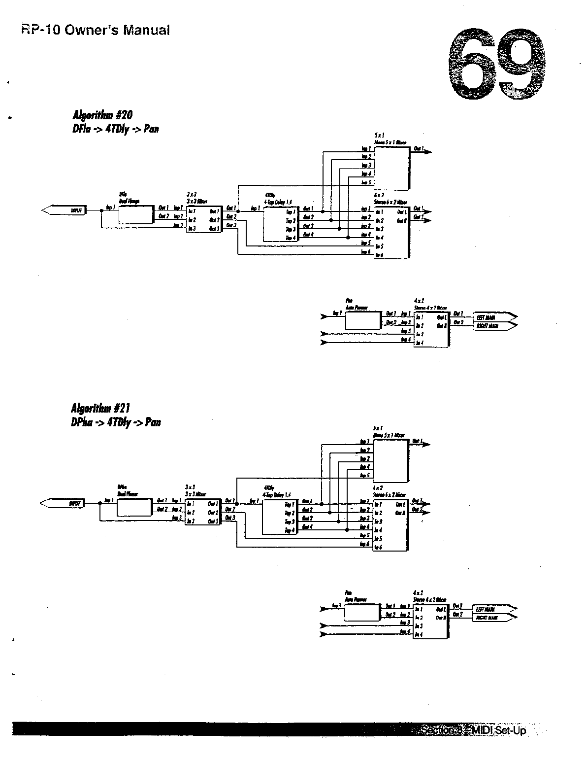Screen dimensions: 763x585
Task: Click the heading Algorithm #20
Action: [x=102, y=115]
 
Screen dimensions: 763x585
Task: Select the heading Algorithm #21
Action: [x=101, y=408]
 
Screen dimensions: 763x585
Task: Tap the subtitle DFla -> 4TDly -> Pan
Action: [x=116, y=130]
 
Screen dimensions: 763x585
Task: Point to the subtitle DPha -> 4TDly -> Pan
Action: [x=116, y=422]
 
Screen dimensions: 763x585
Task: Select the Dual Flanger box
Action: [x=135, y=215]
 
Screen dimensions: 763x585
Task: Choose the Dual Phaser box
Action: [x=134, y=507]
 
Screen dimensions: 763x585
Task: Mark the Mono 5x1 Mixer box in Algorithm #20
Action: [x=391, y=168]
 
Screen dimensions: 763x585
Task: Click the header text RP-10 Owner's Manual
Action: [x=96, y=30]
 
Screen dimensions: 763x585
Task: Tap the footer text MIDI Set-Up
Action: [x=499, y=730]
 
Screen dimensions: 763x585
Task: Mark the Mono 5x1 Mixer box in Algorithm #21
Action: [x=390, y=460]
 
